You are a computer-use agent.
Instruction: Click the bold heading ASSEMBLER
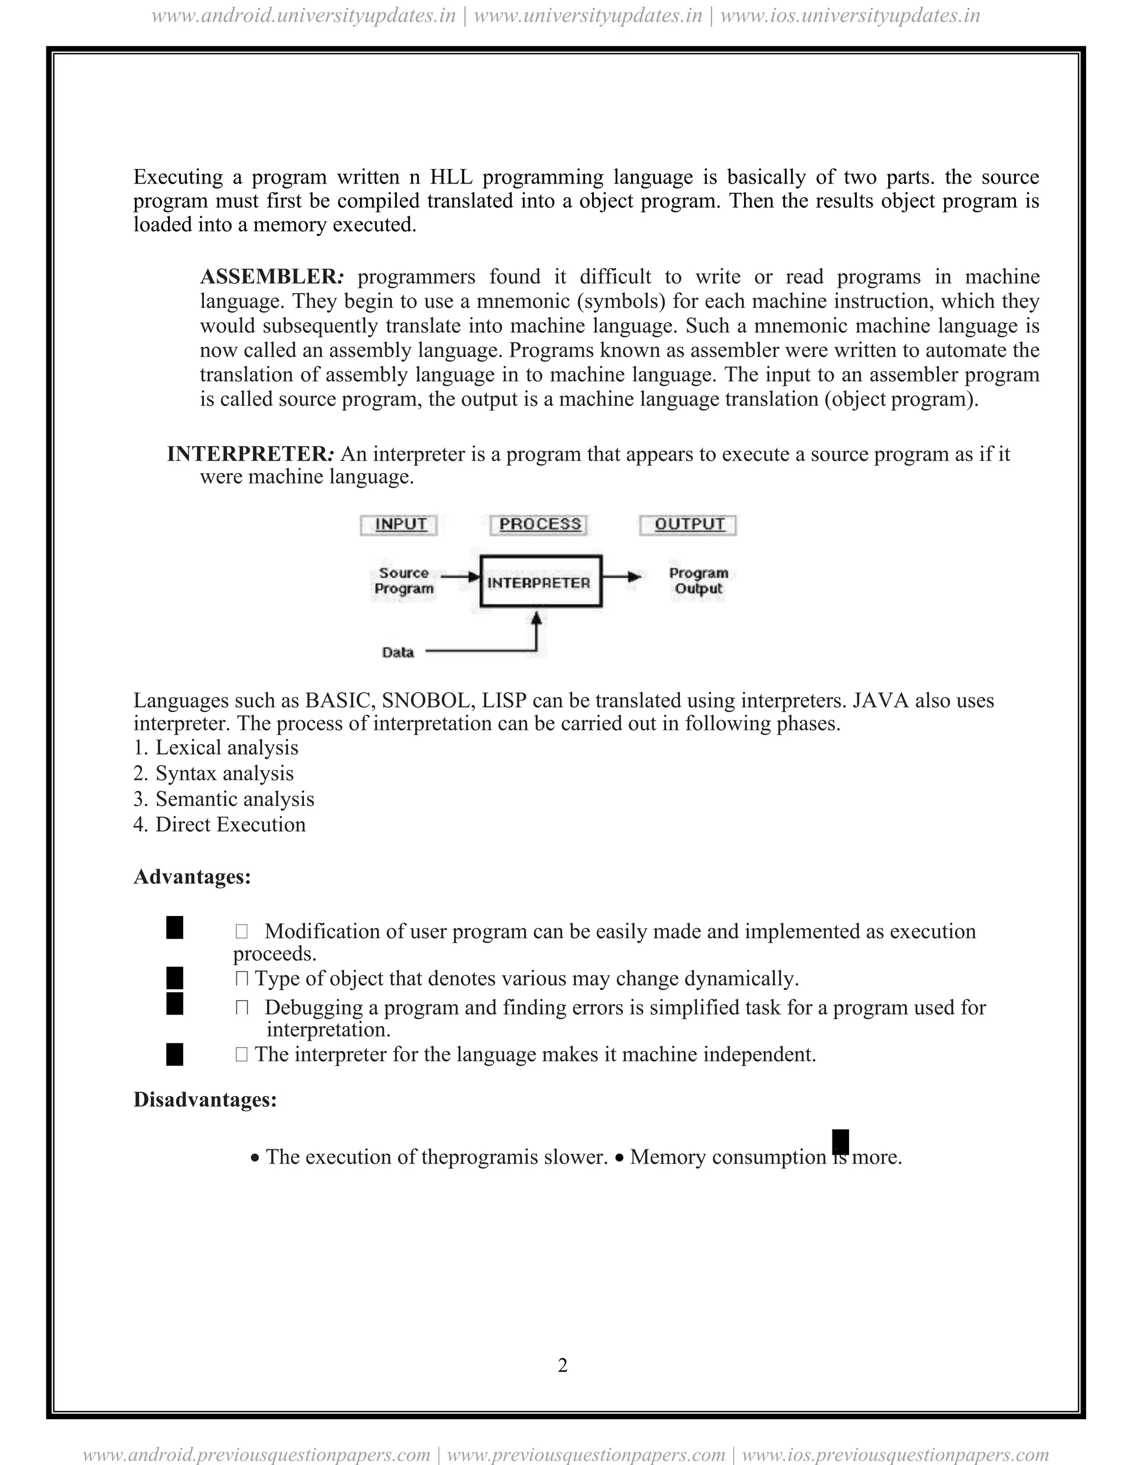pyautogui.click(x=271, y=276)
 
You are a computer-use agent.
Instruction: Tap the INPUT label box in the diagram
pyautogui.click(x=400, y=525)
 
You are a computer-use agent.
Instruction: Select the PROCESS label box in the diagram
pyautogui.click(x=539, y=525)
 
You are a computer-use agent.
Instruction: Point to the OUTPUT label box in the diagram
pyautogui.click(x=689, y=525)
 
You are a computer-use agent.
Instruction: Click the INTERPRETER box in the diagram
pyautogui.click(x=541, y=582)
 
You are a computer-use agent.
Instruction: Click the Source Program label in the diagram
pyautogui.click(x=403, y=581)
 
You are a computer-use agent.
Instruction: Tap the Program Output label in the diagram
pyautogui.click(x=698, y=581)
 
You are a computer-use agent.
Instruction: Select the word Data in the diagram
pyautogui.click(x=397, y=652)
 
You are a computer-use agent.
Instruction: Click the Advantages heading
pyautogui.click(x=192, y=877)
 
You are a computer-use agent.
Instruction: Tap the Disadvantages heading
pyautogui.click(x=205, y=1100)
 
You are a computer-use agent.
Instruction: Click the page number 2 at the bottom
pyautogui.click(x=563, y=1365)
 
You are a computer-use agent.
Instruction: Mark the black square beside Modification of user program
pyautogui.click(x=174, y=928)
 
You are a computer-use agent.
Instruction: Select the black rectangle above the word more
pyautogui.click(x=840, y=1141)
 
